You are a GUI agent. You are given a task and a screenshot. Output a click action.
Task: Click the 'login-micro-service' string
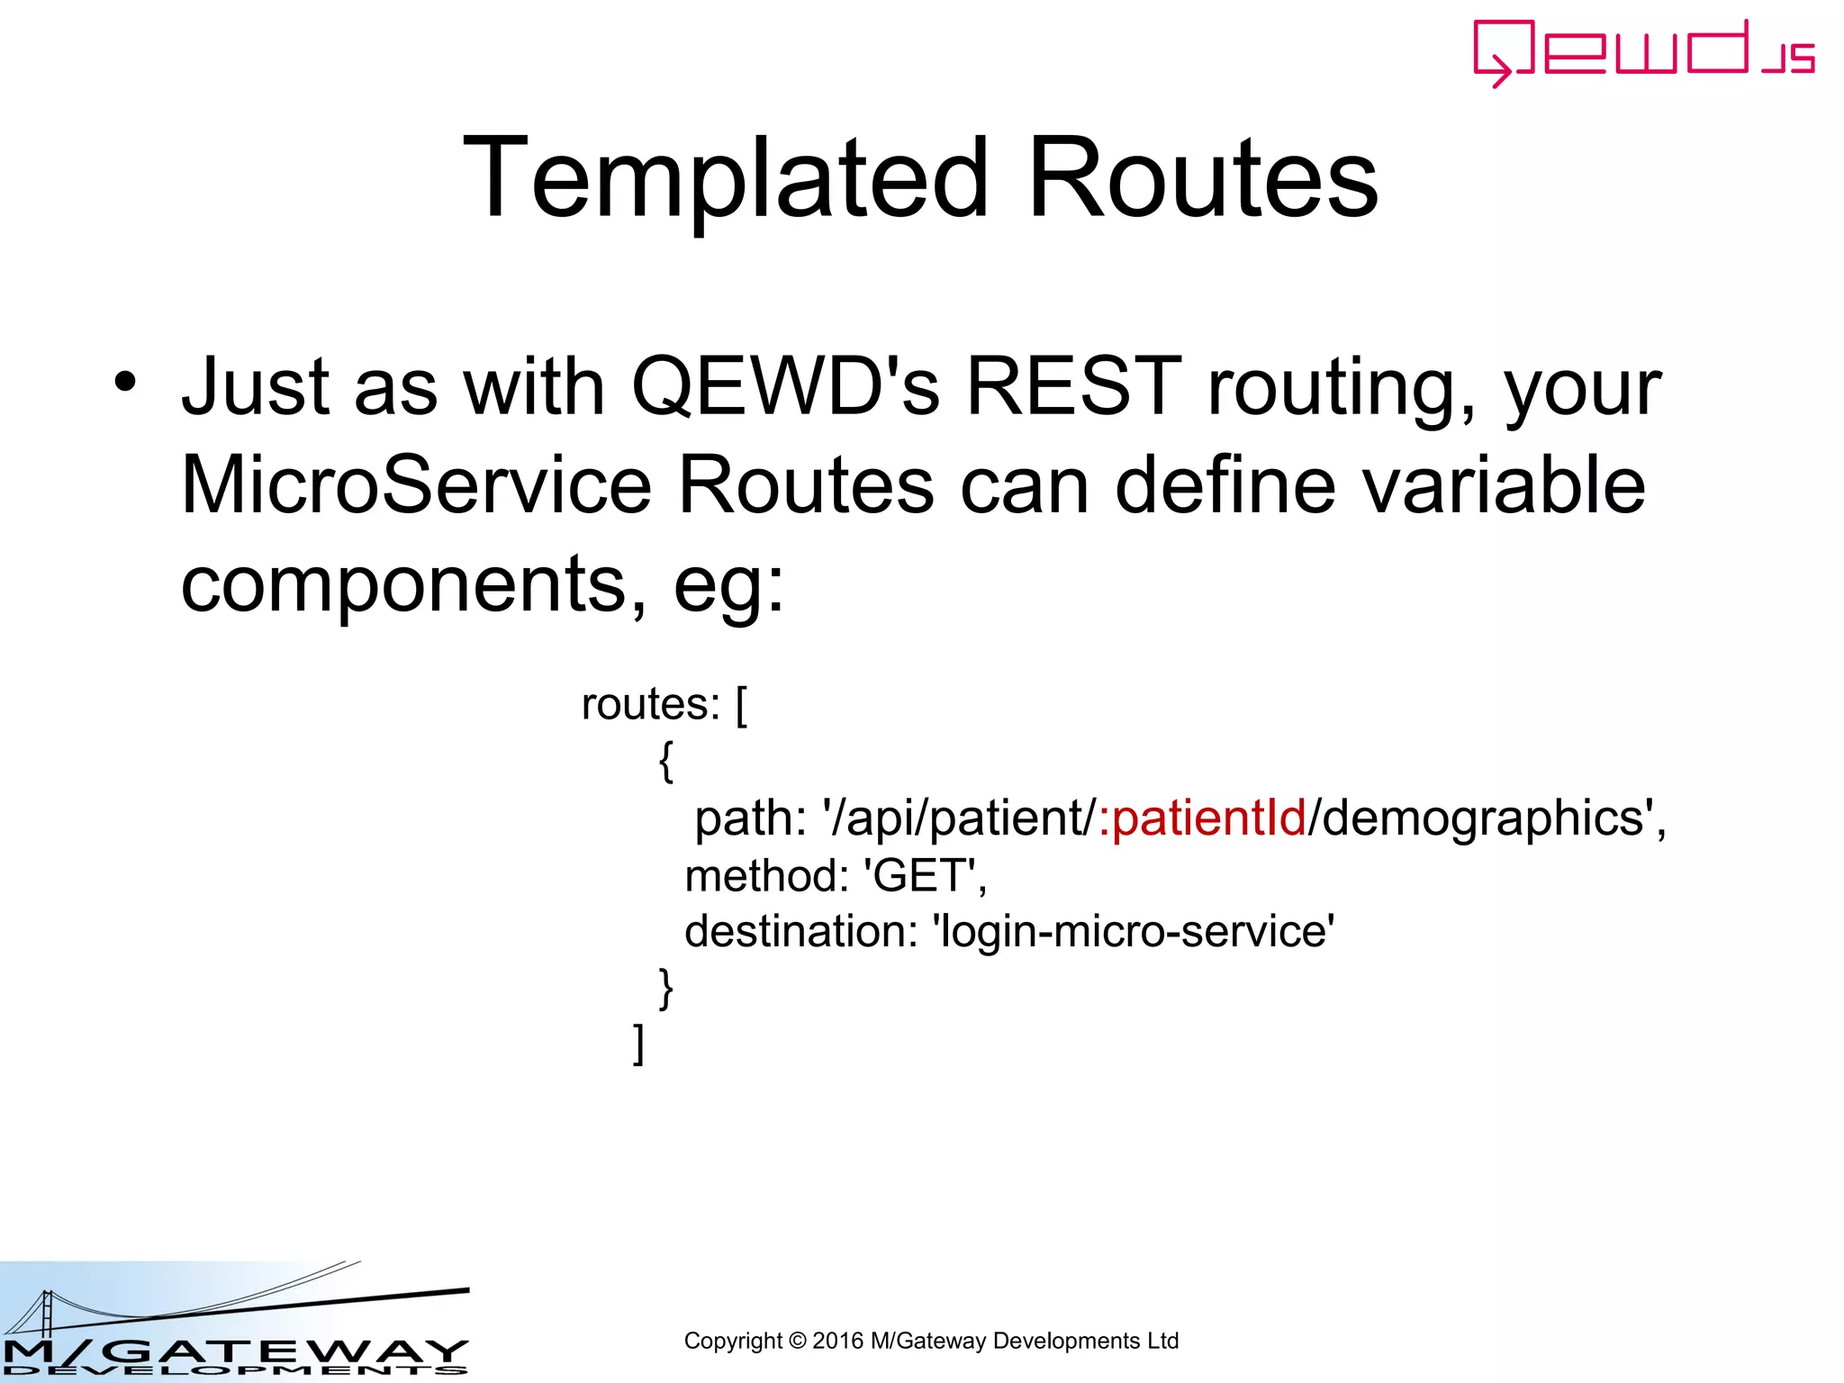point(1134,931)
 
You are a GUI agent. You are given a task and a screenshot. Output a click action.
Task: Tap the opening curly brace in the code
point(666,762)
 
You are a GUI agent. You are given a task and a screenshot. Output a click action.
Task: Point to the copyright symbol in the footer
point(797,1342)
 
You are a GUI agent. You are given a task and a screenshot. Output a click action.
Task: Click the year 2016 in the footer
point(837,1342)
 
